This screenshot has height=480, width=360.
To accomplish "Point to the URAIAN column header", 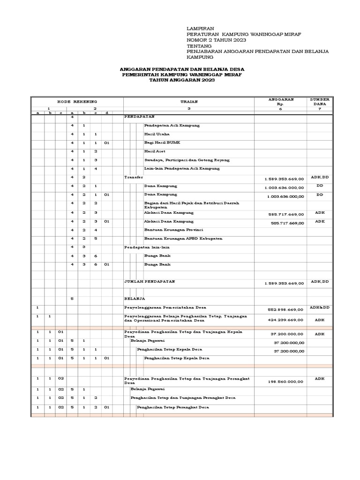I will pyautogui.click(x=189, y=101).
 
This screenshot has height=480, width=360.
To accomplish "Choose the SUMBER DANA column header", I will pyautogui.click(x=320, y=102).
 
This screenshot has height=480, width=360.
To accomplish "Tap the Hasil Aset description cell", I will pyautogui.click(x=154, y=151).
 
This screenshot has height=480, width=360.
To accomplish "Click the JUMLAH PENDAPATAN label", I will pyautogui.click(x=149, y=281).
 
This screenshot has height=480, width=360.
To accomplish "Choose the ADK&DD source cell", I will pyautogui.click(x=320, y=307).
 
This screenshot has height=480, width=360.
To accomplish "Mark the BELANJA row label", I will pyautogui.click(x=135, y=299).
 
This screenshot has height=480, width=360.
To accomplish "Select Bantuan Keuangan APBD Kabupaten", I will pyautogui.click(x=176, y=239).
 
